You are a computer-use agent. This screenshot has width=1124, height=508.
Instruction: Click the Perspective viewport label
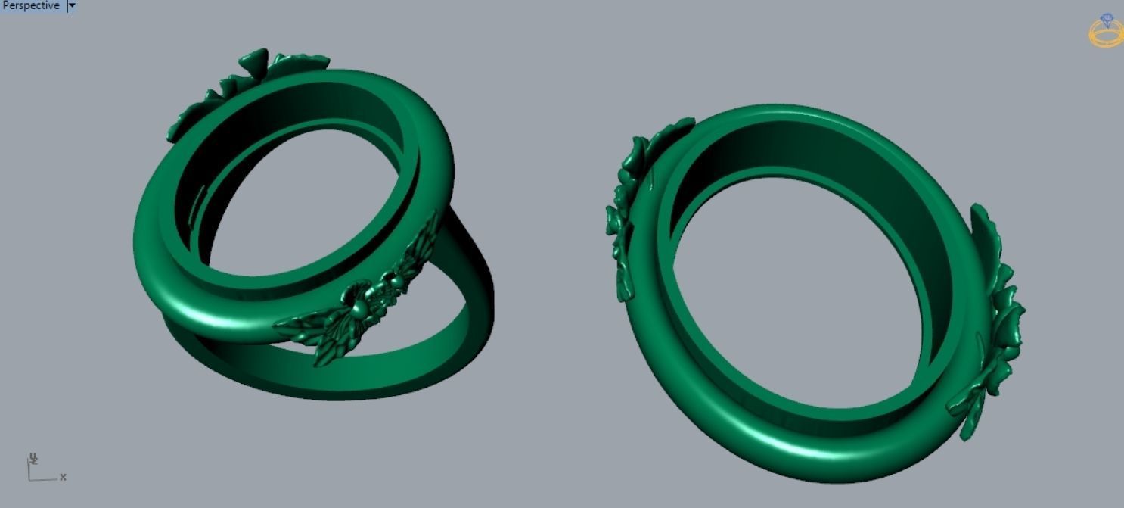(x=30, y=6)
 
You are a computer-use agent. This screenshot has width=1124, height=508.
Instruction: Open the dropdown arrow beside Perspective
(x=72, y=6)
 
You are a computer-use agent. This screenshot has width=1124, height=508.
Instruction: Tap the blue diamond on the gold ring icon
(x=1107, y=20)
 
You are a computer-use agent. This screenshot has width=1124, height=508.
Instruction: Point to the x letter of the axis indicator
(x=63, y=477)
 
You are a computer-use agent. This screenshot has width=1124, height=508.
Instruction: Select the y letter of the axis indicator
(x=33, y=458)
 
